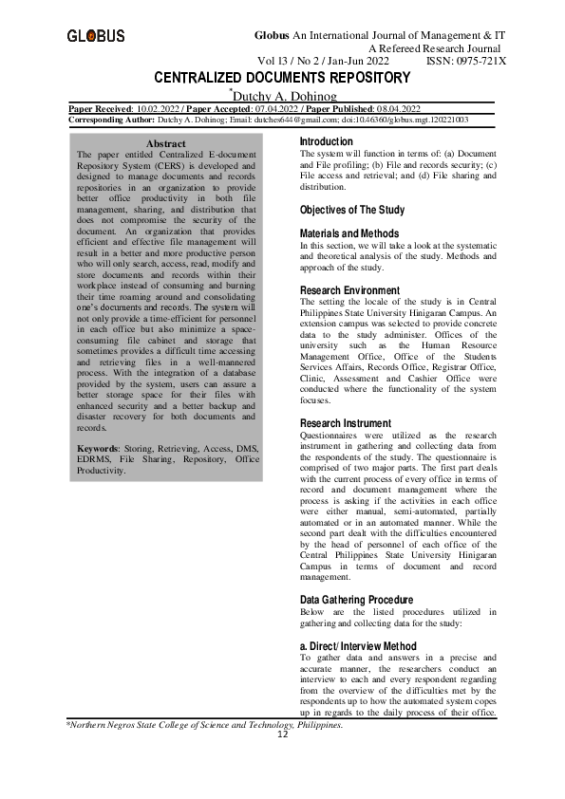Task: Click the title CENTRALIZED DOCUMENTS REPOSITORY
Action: [282, 77]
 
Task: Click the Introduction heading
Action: [327, 141]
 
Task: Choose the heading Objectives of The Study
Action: [352, 210]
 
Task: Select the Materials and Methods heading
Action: [349, 233]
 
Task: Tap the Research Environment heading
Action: [349, 290]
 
